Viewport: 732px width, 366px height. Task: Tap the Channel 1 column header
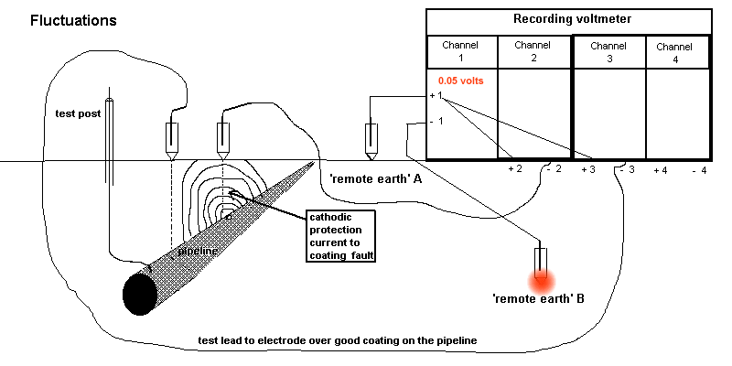461,51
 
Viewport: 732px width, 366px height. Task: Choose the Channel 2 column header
533,51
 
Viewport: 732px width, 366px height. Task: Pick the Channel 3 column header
608,51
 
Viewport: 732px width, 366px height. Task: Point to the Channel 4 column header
674,51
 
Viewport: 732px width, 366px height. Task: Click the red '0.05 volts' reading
460,81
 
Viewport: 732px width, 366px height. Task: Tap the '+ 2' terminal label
514,170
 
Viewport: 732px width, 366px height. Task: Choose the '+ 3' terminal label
587,170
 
